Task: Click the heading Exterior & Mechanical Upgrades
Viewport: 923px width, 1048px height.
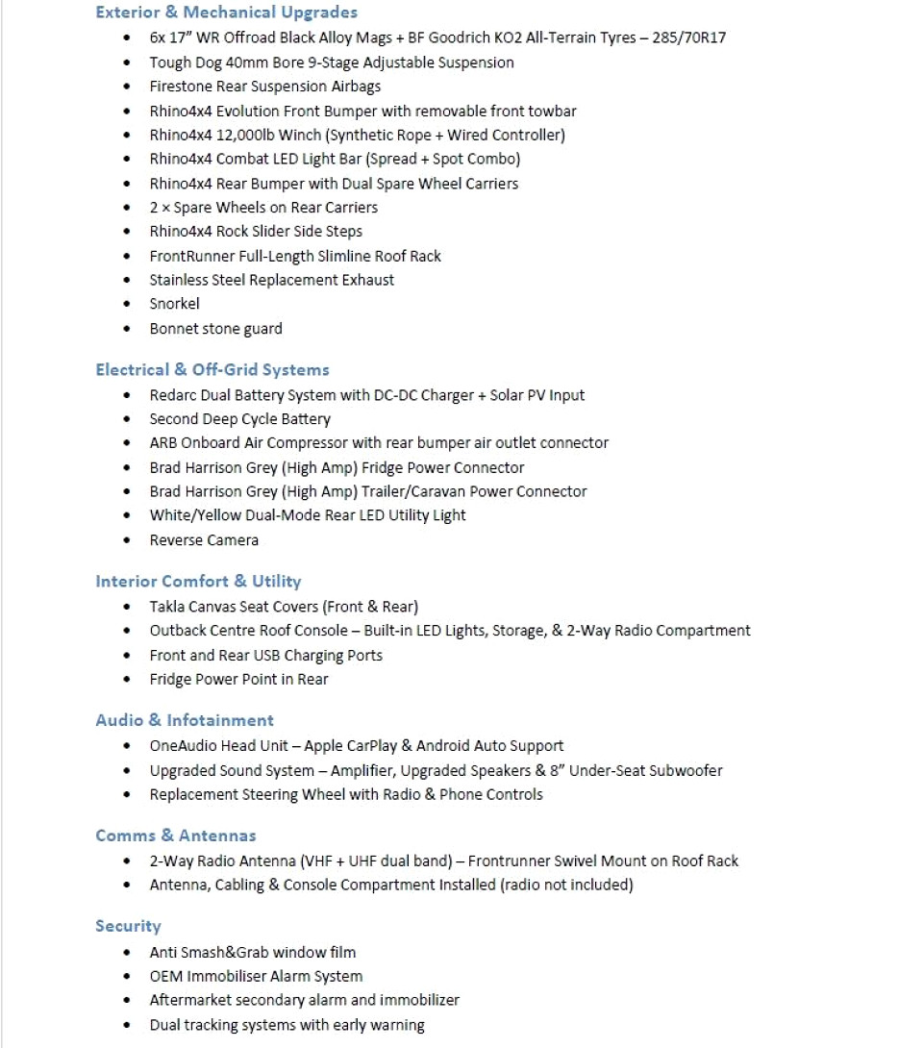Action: (226, 12)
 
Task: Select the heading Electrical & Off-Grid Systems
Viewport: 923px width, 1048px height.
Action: (212, 370)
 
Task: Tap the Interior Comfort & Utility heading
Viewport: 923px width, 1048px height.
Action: (198, 582)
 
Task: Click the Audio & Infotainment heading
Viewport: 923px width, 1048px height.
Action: (185, 720)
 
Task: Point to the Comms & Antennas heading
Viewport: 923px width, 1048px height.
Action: (176, 836)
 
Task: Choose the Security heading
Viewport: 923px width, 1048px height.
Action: (128, 926)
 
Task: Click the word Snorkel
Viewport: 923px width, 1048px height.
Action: (175, 304)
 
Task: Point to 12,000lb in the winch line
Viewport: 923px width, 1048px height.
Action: (277, 135)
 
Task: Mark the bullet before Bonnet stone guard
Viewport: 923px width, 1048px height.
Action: (128, 329)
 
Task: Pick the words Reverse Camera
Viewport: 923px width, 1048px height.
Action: (204, 540)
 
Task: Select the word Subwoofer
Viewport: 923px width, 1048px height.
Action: (686, 771)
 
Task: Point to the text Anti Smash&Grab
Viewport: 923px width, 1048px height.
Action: (209, 953)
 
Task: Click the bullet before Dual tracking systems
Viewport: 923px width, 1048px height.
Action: (128, 1026)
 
